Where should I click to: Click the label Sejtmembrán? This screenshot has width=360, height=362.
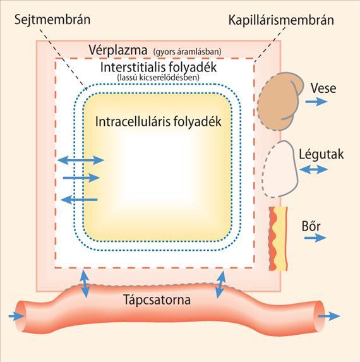tap(52, 20)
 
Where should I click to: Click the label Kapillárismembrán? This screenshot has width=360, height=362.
tap(281, 20)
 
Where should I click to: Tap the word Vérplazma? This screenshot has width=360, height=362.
tap(118, 50)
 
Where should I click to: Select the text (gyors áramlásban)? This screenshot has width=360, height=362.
tap(187, 52)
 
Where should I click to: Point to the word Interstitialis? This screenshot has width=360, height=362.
tap(133, 67)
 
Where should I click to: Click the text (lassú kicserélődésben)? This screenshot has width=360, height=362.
tap(159, 77)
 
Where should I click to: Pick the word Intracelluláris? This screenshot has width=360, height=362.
tap(132, 121)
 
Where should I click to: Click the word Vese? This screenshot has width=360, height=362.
tap(323, 88)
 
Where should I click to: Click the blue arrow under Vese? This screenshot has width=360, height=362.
tap(316, 102)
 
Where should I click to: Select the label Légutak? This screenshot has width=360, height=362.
tap(321, 154)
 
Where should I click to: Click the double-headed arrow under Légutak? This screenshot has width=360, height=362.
tap(313, 170)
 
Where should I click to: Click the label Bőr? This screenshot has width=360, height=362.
tap(311, 226)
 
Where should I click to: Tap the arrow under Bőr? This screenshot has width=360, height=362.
tap(315, 238)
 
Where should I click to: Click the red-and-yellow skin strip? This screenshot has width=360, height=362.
tap(279, 239)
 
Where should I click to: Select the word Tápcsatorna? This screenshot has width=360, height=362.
tap(157, 299)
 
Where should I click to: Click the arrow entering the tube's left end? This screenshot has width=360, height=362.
tap(16, 317)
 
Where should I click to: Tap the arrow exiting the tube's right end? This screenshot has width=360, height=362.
tap(329, 317)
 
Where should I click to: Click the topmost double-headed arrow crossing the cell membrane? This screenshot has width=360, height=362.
tap(81, 160)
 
